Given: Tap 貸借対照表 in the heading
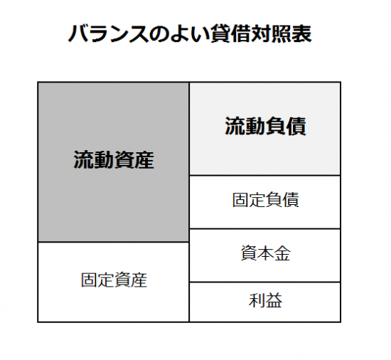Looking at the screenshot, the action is pyautogui.click(x=261, y=33).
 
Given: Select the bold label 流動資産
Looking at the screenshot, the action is pyautogui.click(x=114, y=159).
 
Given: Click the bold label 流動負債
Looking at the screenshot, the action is pyautogui.click(x=265, y=126).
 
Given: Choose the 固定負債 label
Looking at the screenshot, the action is pyautogui.click(x=265, y=200).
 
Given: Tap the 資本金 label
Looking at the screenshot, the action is pyautogui.click(x=265, y=253).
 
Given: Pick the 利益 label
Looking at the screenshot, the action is pyautogui.click(x=265, y=300).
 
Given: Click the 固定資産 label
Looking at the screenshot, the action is pyautogui.click(x=114, y=280).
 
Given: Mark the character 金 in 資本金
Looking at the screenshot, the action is pyautogui.click(x=282, y=253).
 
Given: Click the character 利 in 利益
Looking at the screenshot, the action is pyautogui.click(x=257, y=300).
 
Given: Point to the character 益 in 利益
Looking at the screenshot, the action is pyautogui.click(x=274, y=300).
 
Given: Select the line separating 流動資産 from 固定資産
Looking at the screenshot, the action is pyautogui.click(x=113, y=242).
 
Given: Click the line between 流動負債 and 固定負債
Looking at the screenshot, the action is pyautogui.click(x=265, y=176).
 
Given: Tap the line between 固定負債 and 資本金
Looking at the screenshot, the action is pyautogui.click(x=265, y=228).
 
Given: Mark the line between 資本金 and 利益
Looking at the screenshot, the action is pyautogui.click(x=265, y=282).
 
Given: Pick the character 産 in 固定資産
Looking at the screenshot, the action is pyautogui.click(x=139, y=280).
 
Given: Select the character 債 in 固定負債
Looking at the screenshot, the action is pyautogui.click(x=291, y=200).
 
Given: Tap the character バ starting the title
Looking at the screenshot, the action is pyautogui.click(x=78, y=33).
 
